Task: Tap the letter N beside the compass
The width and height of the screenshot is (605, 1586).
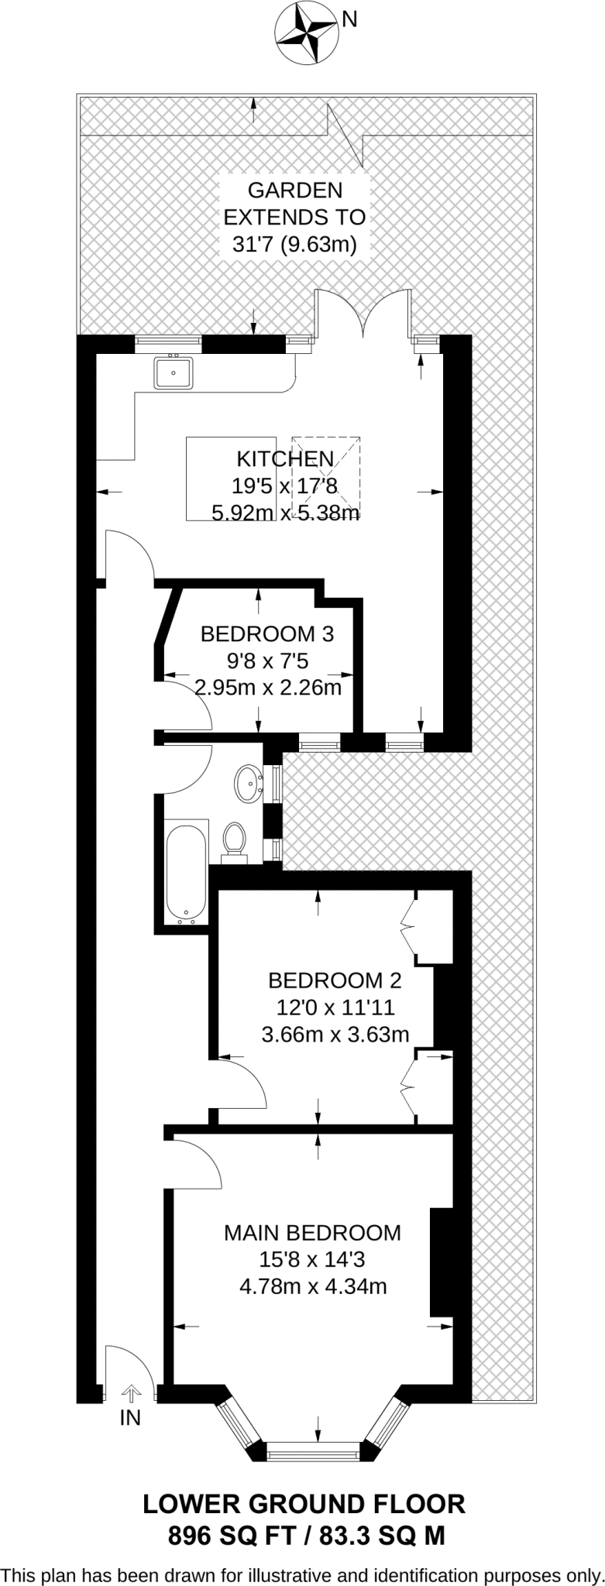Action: [x=349, y=19]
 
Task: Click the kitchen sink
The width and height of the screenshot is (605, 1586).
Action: [x=173, y=372]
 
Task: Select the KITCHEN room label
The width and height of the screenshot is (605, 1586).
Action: [x=284, y=458]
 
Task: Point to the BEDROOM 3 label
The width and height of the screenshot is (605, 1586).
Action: [x=266, y=634]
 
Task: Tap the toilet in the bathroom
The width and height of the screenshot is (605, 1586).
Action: [x=234, y=840]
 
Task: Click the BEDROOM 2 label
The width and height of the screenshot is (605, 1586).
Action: [x=335, y=980]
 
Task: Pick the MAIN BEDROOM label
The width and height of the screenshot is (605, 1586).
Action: [x=312, y=1232]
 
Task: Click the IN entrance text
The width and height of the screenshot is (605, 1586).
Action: [x=130, y=1418]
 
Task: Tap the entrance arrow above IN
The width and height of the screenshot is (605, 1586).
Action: [x=131, y=1394]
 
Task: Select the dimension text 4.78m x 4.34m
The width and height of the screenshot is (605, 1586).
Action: [x=313, y=1287]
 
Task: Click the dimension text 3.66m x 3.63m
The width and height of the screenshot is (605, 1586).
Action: [x=335, y=1035]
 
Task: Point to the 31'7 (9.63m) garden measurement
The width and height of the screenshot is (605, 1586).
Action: [x=294, y=245]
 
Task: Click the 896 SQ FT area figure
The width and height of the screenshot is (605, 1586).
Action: [x=230, y=1534]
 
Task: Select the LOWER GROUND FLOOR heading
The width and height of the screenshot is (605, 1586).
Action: [x=304, y=1504]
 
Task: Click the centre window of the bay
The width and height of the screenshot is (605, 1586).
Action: [x=314, y=1450]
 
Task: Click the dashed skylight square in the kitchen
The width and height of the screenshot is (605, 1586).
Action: [x=325, y=465]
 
